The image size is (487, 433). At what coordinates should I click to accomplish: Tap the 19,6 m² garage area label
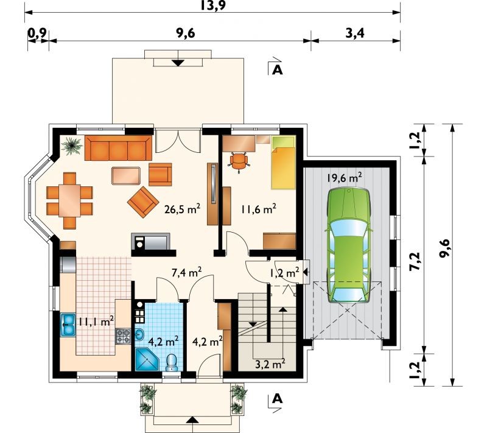coord(344,178)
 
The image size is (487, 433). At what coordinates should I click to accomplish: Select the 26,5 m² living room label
coord(182,209)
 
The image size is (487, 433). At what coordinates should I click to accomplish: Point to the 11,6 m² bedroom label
coord(258,209)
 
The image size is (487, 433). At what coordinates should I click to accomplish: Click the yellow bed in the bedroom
coord(283,163)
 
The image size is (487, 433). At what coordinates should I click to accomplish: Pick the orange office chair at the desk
coord(239,161)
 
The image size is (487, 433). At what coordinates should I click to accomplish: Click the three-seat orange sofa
coord(118,148)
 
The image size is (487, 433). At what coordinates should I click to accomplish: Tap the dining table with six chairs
coord(69,200)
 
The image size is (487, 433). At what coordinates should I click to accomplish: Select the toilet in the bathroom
coord(172,363)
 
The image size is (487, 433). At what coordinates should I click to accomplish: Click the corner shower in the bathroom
coord(147,359)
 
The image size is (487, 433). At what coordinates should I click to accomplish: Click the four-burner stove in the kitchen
coord(124,336)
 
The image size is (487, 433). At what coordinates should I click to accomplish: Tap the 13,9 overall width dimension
coord(212,5)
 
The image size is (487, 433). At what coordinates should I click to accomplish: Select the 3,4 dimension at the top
coord(355,33)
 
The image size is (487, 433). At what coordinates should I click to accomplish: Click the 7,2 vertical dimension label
coord(415,261)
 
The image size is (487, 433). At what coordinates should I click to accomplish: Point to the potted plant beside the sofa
coord(72,146)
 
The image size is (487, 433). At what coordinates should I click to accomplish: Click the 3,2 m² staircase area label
coord(270,364)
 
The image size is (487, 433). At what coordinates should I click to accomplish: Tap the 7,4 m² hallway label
coord(187,272)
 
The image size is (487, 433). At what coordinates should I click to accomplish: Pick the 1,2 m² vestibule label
coord(284,273)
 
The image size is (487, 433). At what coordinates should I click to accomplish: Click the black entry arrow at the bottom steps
coord(192,420)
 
